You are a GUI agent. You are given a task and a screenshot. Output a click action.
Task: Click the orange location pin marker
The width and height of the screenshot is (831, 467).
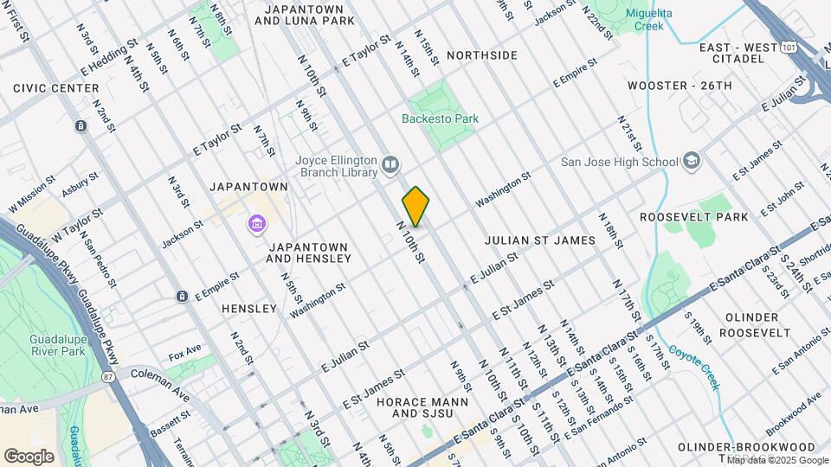coord(415,207)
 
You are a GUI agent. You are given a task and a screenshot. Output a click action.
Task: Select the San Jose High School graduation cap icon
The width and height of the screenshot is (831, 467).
coord(692,161)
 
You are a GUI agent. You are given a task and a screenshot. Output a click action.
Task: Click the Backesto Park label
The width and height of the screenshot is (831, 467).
coord(440,118)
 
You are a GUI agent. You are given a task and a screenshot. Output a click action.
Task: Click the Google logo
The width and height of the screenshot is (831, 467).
coord(29,456)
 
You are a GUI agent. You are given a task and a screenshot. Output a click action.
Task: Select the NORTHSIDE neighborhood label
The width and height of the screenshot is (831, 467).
coord(482,55)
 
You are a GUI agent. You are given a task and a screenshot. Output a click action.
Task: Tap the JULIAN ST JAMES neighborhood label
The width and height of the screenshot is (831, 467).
coord(539,240)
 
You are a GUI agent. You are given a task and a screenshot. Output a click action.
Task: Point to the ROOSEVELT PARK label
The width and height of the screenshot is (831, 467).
coord(694,217)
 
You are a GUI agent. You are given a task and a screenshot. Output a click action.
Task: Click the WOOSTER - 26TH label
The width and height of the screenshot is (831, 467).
coord(680,86)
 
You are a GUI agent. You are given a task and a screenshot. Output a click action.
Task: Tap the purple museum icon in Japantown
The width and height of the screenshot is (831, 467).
coord(257,225)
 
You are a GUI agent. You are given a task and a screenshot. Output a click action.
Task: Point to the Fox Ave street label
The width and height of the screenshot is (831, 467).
coord(184,354)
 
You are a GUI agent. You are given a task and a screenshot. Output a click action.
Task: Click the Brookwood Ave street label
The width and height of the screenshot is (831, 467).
coord(792,410)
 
